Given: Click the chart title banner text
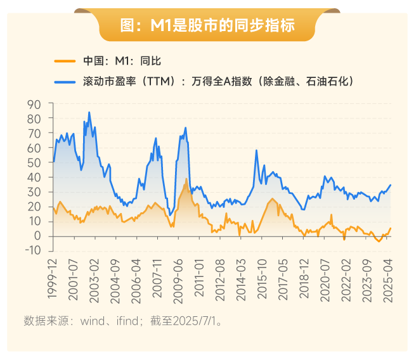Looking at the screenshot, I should pyautogui.click(x=207, y=25).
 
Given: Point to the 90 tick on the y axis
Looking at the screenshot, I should pyautogui.click(x=34, y=104).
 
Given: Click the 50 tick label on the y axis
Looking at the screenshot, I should pyautogui.click(x=34, y=162).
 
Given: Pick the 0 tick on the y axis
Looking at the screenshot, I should pyautogui.click(x=37, y=236).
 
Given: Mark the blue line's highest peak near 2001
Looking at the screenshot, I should pyautogui.click(x=89, y=112).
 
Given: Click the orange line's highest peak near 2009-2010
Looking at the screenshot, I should pyautogui.click(x=186, y=179).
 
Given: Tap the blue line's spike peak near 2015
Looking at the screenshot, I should pyautogui.click(x=256, y=150).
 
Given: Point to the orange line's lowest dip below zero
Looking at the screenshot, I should pyautogui.click(x=379, y=241).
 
